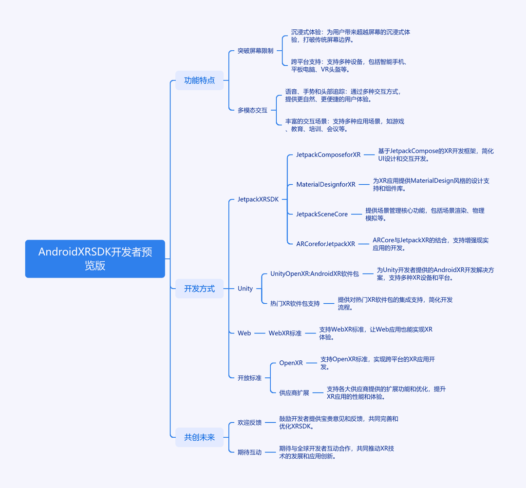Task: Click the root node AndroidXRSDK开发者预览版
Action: pos(95,258)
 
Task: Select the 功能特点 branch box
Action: pos(199,80)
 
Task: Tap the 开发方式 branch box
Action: pos(199,289)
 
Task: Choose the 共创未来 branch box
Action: pos(199,437)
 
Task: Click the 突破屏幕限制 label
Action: pos(256,51)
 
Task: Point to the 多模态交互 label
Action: pos(253,110)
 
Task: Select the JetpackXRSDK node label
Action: pos(258,199)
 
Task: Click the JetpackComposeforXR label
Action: pos(328,155)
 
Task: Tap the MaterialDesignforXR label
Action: pos(326,184)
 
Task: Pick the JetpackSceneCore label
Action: pos(322,214)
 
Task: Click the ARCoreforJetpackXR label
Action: pos(325,244)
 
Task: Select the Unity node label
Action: pos(245,289)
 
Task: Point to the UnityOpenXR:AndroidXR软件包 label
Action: pos(315,273)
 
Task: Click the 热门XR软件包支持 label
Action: pos(295,303)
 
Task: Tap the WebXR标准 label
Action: pos(285,333)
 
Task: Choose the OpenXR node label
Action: pos(291,363)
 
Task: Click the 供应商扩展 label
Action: pos(294,392)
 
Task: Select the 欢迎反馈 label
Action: pos(249,423)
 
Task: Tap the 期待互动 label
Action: pos(249,452)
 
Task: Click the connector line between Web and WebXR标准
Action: pos(260,333)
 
